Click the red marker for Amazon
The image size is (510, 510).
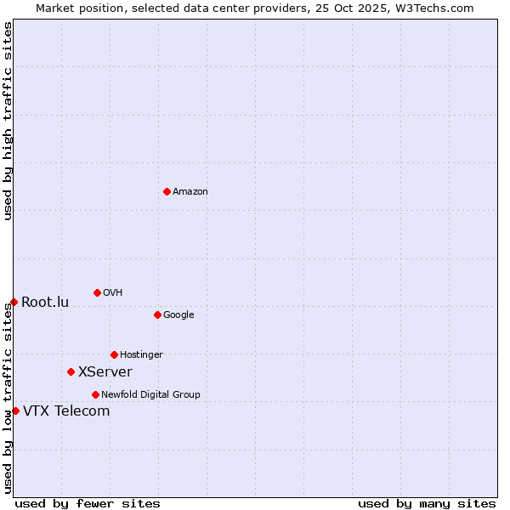click(167, 191)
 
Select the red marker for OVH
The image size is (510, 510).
click(97, 292)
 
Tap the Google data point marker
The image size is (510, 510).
click(157, 314)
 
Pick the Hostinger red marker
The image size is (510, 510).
click(114, 354)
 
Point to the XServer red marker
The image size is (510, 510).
click(71, 371)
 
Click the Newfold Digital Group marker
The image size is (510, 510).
click(95, 394)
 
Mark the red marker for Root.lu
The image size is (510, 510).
click(14, 302)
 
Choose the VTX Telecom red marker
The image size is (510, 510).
click(15, 411)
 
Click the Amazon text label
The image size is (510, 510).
click(190, 191)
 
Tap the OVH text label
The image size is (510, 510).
click(113, 292)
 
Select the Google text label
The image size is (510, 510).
click(178, 314)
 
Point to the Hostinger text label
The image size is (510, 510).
click(141, 354)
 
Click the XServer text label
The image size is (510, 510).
click(105, 371)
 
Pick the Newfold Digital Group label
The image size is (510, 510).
click(150, 394)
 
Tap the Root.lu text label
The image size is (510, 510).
click(45, 302)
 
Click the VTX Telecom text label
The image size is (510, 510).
click(66, 411)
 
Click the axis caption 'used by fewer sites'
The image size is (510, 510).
click(88, 503)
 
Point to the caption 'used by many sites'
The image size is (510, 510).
click(427, 503)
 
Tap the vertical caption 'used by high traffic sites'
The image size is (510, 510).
click(8, 121)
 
